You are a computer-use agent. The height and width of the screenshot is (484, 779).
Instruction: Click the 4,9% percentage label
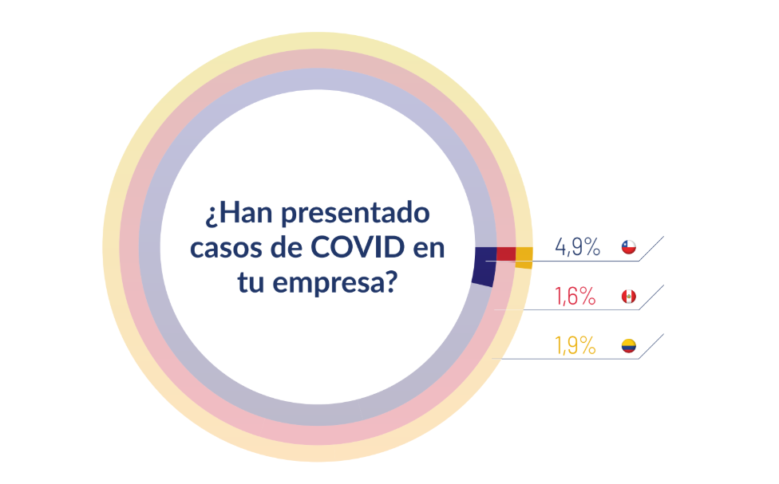[x=577, y=247]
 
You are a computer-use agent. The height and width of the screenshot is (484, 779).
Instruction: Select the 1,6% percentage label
[x=575, y=297]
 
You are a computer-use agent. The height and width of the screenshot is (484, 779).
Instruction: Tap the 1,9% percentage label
[x=575, y=346]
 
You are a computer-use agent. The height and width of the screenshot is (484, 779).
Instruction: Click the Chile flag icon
[x=630, y=247]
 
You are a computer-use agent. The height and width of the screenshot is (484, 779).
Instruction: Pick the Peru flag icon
[x=630, y=297]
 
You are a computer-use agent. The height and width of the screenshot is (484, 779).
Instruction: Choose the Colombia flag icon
[x=630, y=346]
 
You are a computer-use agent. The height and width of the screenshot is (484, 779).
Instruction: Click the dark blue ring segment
[x=484, y=266]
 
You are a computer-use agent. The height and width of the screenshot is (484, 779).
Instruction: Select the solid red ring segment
[x=506, y=254]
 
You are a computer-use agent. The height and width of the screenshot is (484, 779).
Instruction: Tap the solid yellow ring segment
[x=524, y=258]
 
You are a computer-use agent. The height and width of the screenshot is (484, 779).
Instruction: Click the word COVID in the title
[x=356, y=248]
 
